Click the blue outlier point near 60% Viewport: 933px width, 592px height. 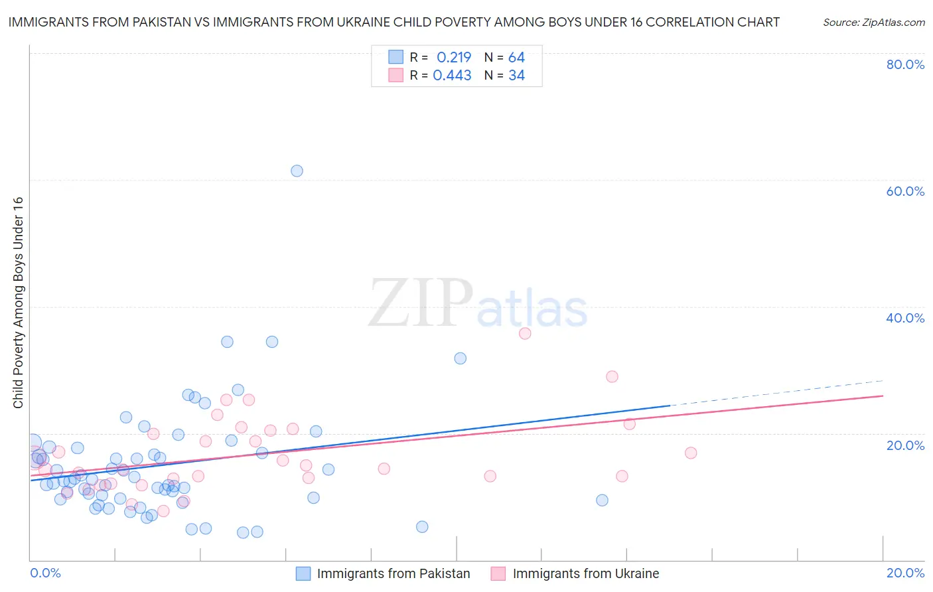[x=297, y=171]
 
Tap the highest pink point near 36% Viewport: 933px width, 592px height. [x=525, y=333]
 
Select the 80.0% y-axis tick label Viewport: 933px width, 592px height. [x=905, y=64]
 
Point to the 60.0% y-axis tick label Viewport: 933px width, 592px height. [x=905, y=191]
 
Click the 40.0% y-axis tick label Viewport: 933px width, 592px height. [x=905, y=318]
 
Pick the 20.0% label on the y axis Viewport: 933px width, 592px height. [x=905, y=445]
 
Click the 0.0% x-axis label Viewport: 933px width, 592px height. [x=45, y=573]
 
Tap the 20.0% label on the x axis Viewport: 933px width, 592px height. [x=905, y=573]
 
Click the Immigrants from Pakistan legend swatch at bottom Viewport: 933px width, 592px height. [x=303, y=573]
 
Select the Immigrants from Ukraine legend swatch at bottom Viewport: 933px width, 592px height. [x=498, y=573]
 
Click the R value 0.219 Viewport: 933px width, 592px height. [x=454, y=57]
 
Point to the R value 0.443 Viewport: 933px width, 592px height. [x=452, y=76]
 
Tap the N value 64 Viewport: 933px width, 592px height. [x=516, y=57]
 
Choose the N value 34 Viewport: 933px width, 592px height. [x=516, y=76]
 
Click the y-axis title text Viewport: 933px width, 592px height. [x=18, y=303]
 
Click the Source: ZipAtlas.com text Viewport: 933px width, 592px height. [x=873, y=22]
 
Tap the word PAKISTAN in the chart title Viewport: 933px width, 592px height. [x=160, y=22]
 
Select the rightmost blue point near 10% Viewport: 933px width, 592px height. [x=602, y=500]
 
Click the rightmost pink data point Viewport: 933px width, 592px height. [x=691, y=453]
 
